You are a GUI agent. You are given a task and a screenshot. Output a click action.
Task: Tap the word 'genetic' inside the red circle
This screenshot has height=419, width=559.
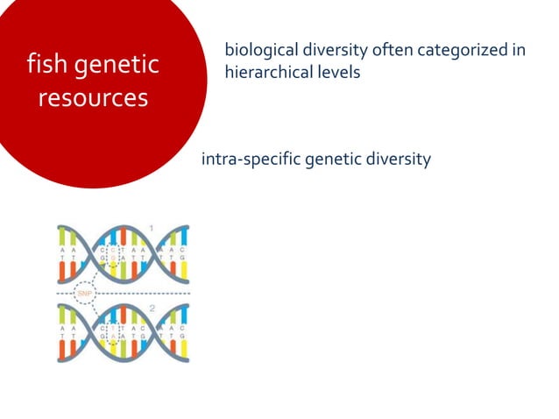click(x=118, y=66)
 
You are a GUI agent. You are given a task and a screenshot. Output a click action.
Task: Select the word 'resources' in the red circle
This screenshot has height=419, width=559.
click(x=93, y=97)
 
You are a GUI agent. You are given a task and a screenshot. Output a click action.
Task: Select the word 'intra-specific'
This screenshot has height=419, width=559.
click(x=250, y=160)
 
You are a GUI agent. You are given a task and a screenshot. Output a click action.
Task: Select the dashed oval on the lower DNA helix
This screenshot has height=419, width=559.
click(x=111, y=333)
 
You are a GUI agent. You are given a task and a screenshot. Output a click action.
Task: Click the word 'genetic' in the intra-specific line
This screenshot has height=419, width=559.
click(x=331, y=160)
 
